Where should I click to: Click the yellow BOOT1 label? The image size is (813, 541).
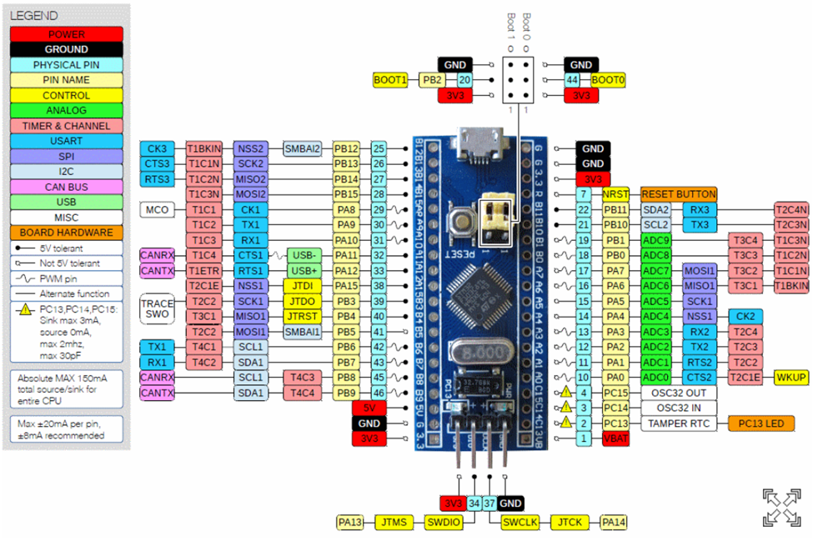390,80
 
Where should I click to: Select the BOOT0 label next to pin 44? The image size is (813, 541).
608,80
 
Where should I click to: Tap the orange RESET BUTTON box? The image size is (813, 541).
678,194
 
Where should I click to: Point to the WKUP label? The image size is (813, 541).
791,377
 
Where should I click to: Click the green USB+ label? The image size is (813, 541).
304,270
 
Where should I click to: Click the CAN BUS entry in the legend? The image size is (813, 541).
66,187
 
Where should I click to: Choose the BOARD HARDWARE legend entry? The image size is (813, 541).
66,233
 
